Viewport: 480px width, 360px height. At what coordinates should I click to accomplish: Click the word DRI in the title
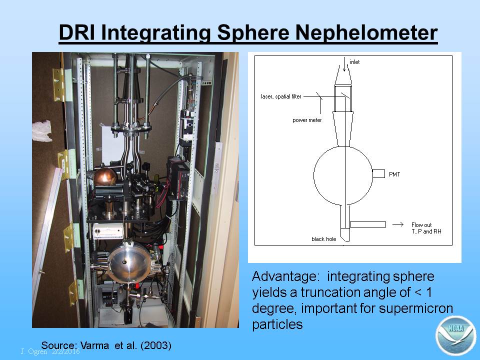76,32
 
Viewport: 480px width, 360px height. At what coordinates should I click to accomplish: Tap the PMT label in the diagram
394,174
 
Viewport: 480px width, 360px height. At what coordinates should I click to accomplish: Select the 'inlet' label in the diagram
355,62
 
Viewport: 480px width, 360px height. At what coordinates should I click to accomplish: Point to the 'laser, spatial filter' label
281,96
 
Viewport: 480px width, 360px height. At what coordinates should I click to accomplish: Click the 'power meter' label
307,120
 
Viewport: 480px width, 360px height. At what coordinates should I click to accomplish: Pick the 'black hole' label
323,239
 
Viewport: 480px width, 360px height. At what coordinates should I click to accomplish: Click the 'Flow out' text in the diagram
421,224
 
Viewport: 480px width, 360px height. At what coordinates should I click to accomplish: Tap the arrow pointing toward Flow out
398,224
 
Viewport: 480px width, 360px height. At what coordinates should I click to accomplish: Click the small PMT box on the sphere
378,173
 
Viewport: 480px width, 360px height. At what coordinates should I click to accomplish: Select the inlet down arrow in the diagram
344,64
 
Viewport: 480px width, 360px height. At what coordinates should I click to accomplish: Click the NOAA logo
455,335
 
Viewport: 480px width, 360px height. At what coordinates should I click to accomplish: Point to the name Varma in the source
94,345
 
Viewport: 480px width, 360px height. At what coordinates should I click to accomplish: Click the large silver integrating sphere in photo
129,263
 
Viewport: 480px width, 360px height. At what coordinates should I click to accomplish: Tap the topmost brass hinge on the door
59,84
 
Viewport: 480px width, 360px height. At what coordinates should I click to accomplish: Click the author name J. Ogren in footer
34,351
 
